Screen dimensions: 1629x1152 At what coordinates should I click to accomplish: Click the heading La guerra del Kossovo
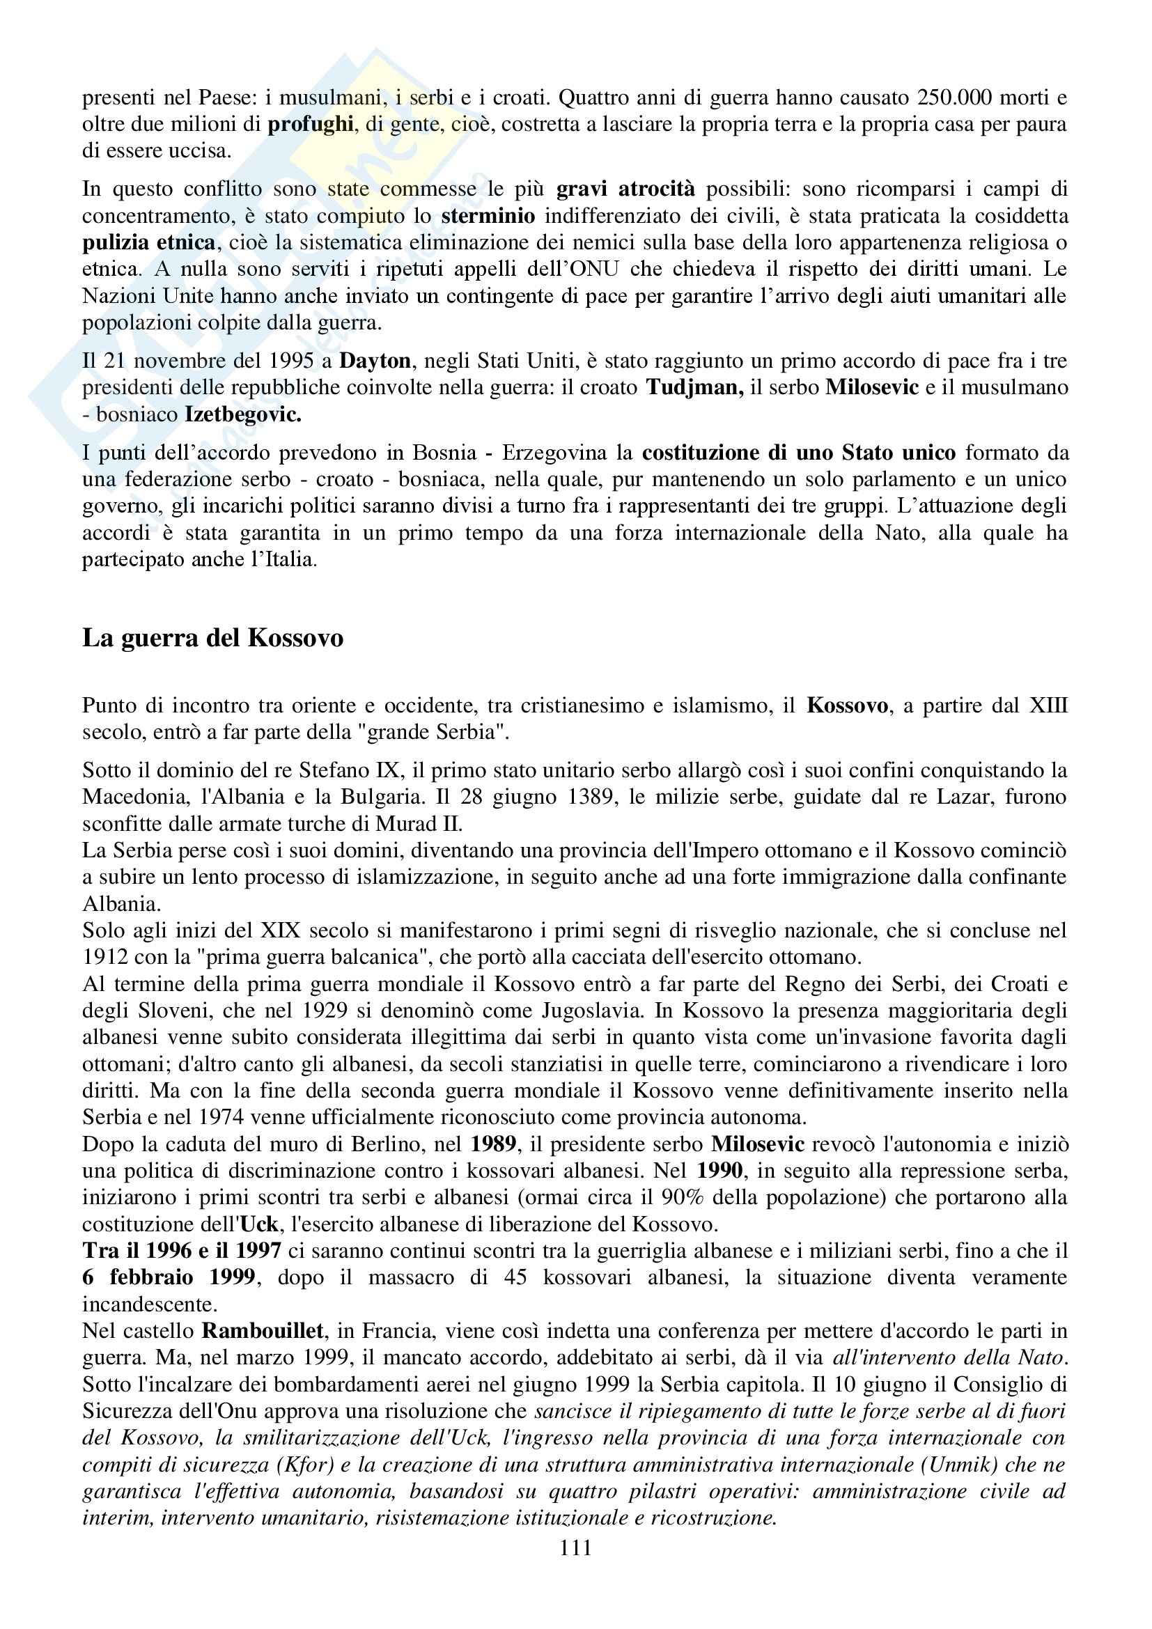[x=213, y=638]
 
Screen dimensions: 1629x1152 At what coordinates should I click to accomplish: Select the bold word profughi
[x=311, y=124]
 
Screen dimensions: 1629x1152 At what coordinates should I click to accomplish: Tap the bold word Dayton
[x=375, y=361]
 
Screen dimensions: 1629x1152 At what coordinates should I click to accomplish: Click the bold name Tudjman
[x=694, y=387]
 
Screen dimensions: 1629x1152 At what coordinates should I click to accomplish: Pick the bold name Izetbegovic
[x=242, y=414]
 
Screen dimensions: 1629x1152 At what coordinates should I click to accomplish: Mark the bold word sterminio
[x=488, y=216]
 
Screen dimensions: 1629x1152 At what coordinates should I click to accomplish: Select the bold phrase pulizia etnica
[x=149, y=242]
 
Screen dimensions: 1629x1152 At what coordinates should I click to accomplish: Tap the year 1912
[x=105, y=957]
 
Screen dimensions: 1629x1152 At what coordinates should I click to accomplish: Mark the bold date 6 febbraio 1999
[x=169, y=1278]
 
